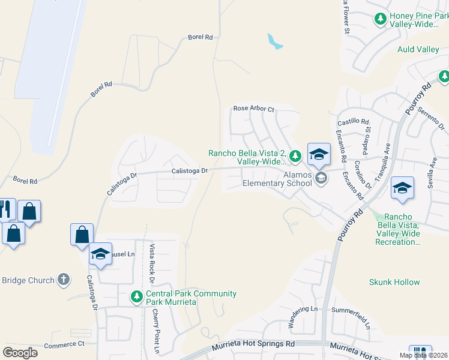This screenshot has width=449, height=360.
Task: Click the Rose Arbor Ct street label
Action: click(x=253, y=109)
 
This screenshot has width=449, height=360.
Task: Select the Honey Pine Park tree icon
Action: click(x=380, y=19)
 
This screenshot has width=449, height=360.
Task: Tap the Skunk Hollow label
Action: click(x=394, y=281)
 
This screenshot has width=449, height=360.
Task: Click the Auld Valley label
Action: click(x=418, y=50)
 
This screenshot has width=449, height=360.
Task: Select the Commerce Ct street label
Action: click(x=65, y=344)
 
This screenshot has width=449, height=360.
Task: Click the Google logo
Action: click(x=20, y=353)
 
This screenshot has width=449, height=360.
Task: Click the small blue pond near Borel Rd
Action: click(x=275, y=42)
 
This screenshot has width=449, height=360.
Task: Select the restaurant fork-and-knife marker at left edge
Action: click(x=5, y=209)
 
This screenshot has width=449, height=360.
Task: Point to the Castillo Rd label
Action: click(x=353, y=121)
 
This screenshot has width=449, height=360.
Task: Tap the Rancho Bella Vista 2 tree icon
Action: click(x=295, y=157)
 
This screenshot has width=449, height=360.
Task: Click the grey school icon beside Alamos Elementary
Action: click(x=321, y=178)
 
